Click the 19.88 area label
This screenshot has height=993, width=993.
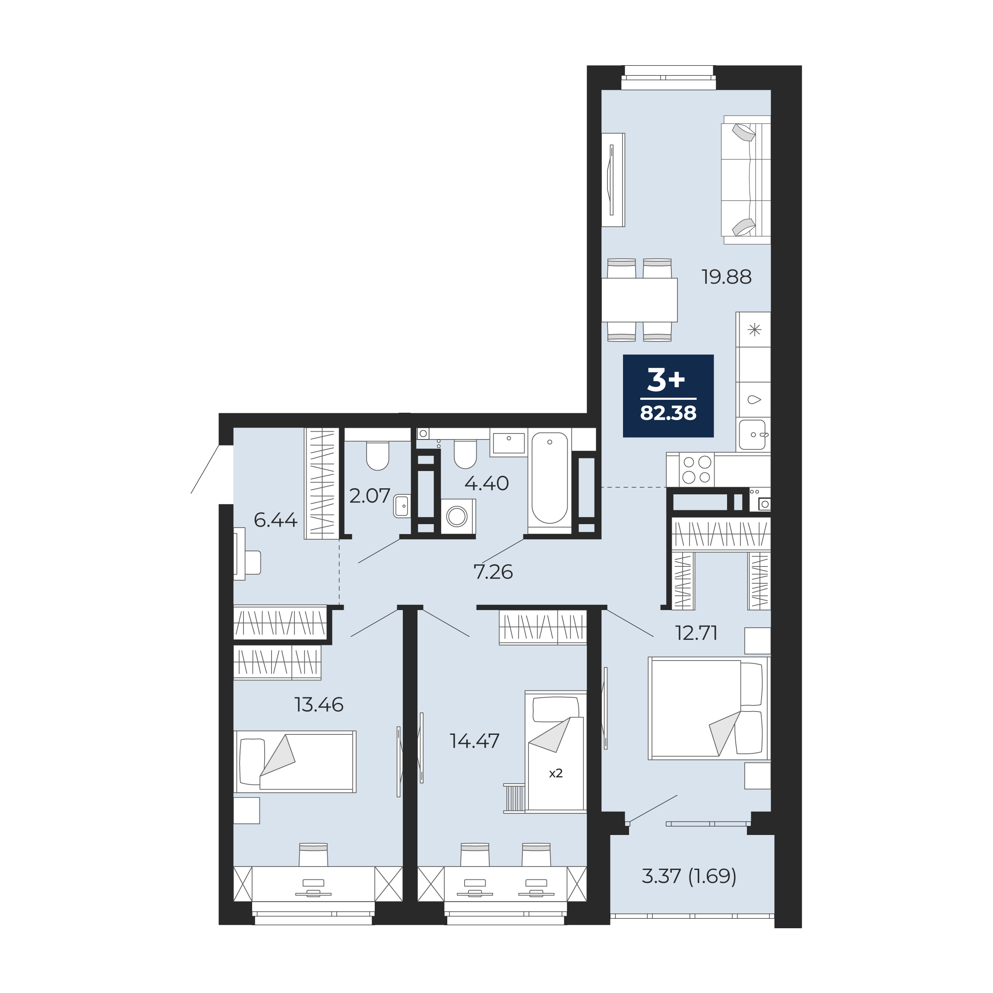727,278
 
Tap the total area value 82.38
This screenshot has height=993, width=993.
668,413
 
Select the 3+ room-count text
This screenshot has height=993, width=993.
666,381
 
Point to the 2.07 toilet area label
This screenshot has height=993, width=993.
370,496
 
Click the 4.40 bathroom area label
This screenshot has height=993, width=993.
487,483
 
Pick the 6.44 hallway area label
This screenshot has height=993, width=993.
276,520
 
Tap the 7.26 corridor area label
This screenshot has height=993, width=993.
493,572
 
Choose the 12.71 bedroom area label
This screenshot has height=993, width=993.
696,633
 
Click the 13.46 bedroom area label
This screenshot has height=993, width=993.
319,705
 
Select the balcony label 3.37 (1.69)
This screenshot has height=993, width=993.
689,875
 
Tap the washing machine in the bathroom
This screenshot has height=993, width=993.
459,515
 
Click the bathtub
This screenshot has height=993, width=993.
550,478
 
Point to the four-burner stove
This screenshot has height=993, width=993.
696,470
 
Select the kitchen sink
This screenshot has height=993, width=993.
753,435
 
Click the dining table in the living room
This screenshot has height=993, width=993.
639,300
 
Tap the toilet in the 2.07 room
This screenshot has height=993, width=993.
378,456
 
